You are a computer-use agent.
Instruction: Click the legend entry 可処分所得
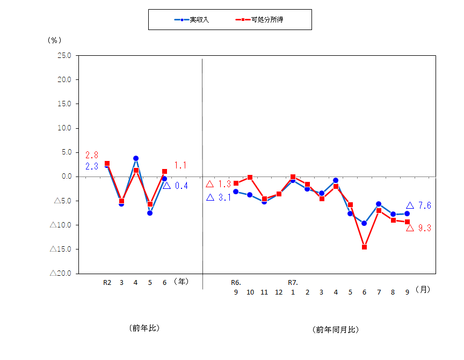tap(266, 19)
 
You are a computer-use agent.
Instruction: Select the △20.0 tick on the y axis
tap(61, 273)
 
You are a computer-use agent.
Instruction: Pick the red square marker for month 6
tap(364, 247)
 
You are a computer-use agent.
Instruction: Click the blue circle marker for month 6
tap(364, 223)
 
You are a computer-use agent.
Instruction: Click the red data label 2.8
tap(91, 155)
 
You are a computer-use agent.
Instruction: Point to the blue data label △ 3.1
tap(218, 197)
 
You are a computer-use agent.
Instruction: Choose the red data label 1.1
tap(180, 165)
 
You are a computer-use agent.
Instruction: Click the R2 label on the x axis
tap(107, 282)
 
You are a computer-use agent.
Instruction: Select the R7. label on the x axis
tap(293, 282)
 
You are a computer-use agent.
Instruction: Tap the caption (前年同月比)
tap(335, 329)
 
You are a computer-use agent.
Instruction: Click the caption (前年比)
tap(144, 327)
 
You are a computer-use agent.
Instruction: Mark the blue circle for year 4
tap(135, 158)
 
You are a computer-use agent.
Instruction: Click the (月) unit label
tap(424, 289)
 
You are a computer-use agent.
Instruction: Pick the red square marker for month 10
tap(250, 177)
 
